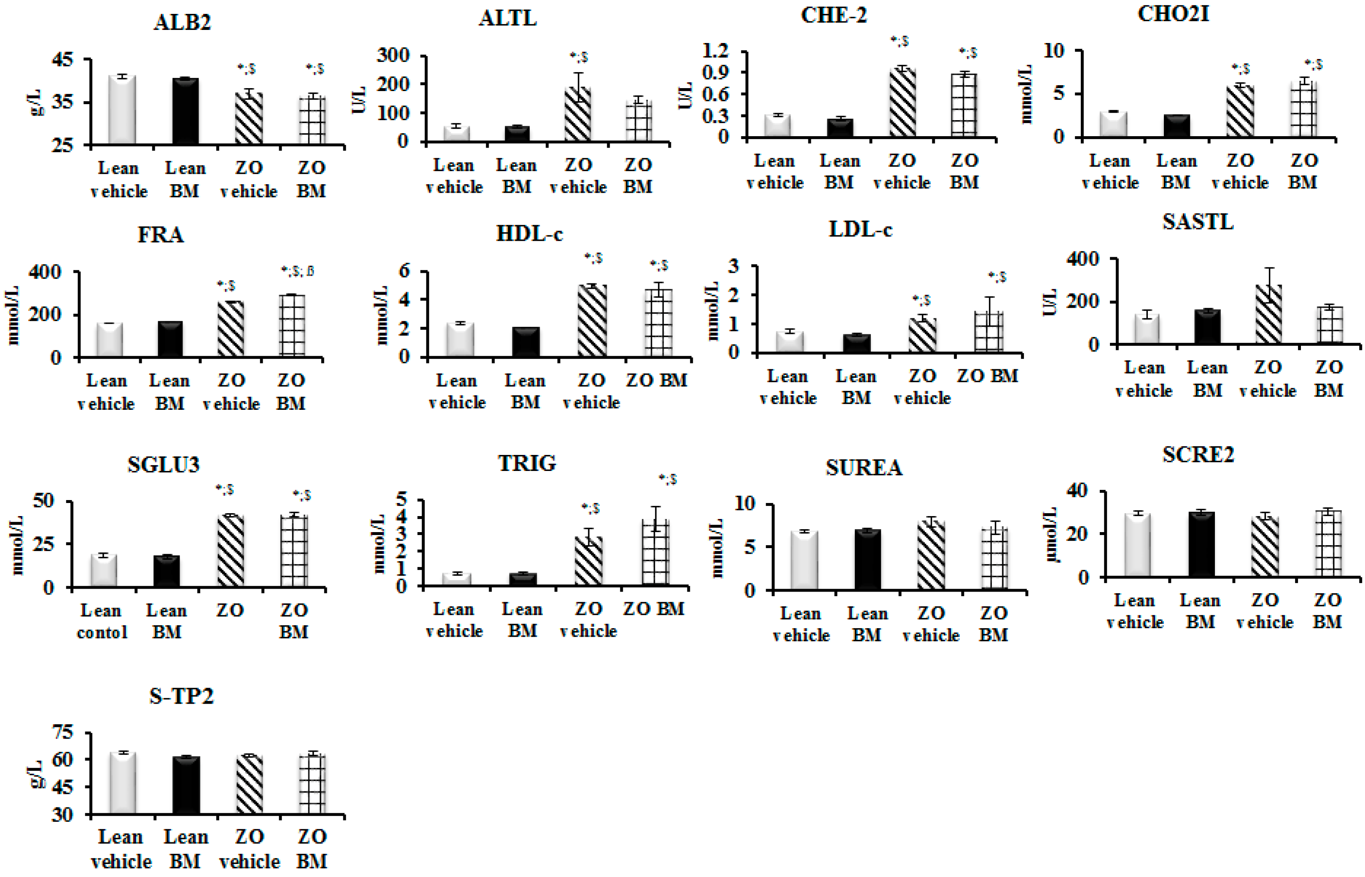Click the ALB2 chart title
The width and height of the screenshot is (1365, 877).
[182, 22]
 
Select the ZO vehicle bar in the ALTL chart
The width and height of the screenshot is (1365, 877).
[577, 114]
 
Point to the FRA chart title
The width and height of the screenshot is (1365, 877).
[161, 234]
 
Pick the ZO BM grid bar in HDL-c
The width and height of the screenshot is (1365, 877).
[658, 323]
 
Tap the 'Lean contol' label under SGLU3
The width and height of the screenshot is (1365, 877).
[101, 621]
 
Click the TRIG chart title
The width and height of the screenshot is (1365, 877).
[527, 463]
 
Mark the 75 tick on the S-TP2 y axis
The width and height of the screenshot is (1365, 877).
[63, 732]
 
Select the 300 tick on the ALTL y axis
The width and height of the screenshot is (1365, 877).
[393, 56]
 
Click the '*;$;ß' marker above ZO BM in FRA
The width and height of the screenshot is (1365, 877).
[297, 271]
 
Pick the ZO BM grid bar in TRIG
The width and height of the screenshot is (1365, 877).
[655, 552]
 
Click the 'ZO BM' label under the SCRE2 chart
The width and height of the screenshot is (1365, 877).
[1327, 611]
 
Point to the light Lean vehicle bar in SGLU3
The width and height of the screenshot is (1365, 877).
[104, 570]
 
